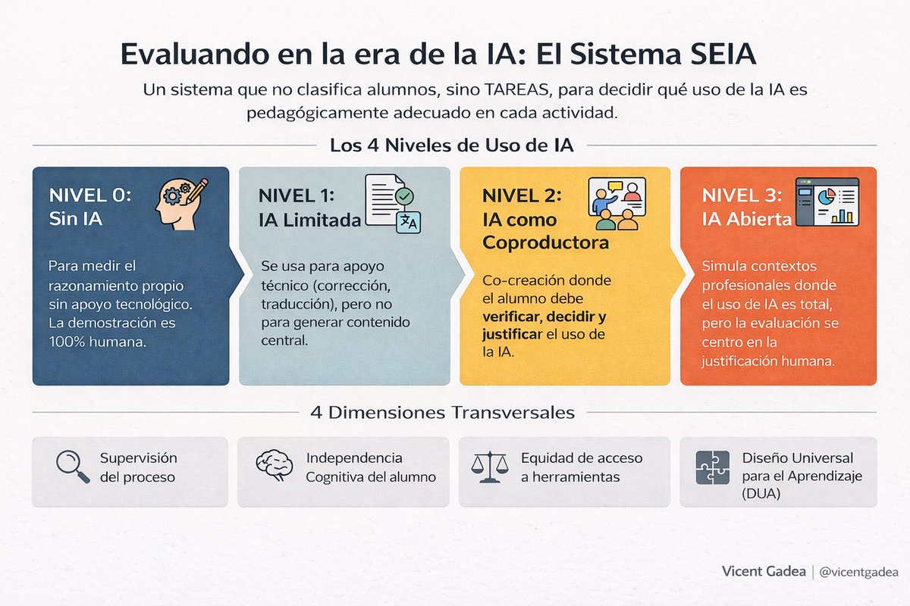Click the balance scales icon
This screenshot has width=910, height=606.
pyautogui.click(x=488, y=468)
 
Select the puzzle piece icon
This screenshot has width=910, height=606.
pyautogui.click(x=712, y=468)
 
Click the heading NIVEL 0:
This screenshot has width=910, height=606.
pyautogui.click(x=90, y=195)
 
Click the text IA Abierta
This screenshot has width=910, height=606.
pyautogui.click(x=747, y=220)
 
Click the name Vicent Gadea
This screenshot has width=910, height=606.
pyautogui.click(x=764, y=573)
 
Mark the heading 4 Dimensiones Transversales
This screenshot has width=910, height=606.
pyautogui.click(x=442, y=413)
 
